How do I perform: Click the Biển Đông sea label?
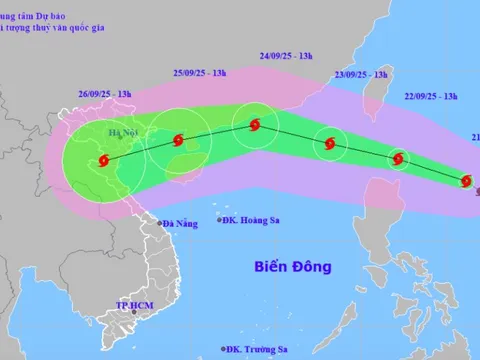tap(292, 267)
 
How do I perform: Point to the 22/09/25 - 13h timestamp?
tap(431, 96)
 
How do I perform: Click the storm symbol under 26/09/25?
tap(105, 160)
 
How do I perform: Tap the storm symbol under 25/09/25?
tap(178, 141)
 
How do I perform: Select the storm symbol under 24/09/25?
tap(254, 125)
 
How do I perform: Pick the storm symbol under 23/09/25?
tap(331, 144)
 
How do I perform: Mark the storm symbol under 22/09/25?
tap(400, 158)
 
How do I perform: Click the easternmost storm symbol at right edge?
tap(466, 180)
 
